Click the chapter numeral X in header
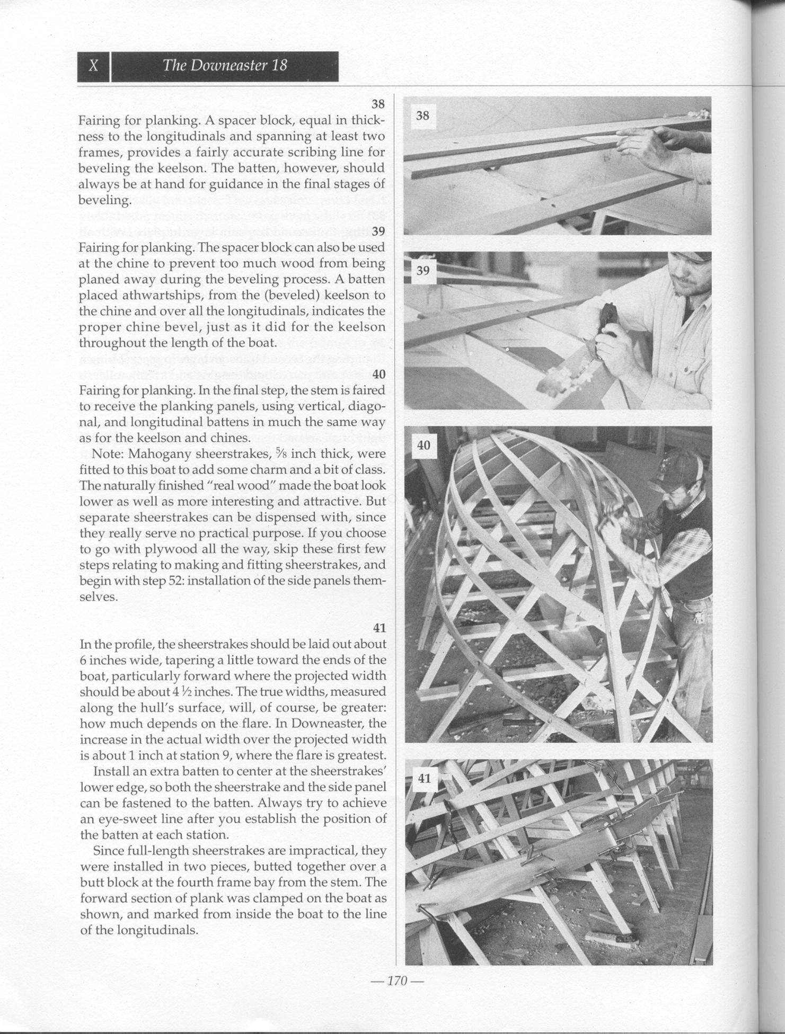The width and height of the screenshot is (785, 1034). (93, 66)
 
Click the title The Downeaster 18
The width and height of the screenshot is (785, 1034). (225, 65)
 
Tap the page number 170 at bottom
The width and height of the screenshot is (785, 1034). (397, 980)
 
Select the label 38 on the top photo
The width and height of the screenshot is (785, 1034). (422, 115)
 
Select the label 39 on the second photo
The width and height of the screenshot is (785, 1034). (422, 270)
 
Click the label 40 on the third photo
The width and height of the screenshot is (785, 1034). (424, 445)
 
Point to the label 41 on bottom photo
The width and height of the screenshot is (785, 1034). (424, 778)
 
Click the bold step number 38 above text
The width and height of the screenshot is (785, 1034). (378, 103)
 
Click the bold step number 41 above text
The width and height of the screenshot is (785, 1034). (379, 628)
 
